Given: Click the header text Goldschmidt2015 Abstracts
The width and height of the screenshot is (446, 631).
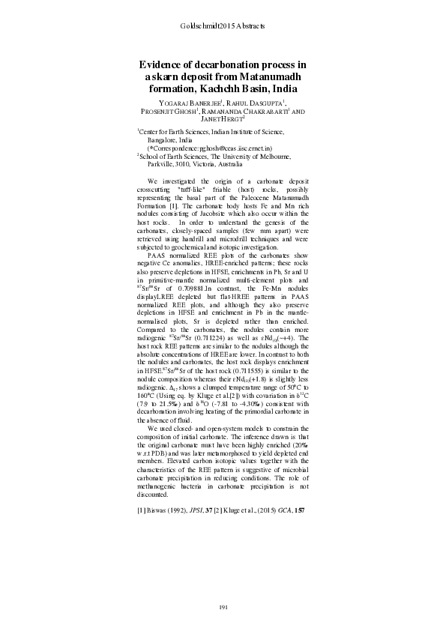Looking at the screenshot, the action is click(223, 27).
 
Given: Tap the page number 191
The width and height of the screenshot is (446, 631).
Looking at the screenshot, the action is click(223, 606).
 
